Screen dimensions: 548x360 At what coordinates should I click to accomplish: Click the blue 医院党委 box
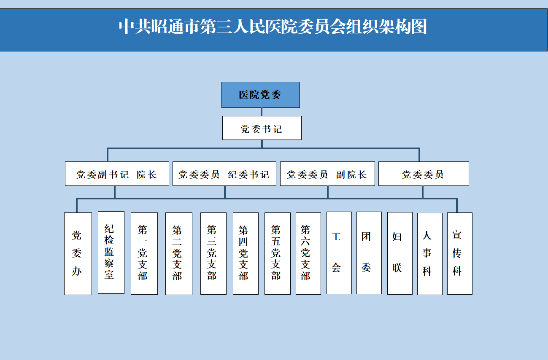(x=261, y=95)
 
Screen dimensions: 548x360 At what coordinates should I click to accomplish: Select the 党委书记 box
(x=262, y=128)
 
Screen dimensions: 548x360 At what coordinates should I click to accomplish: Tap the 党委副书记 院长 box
(x=117, y=174)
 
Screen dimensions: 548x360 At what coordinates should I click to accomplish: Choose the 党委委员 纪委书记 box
(x=224, y=174)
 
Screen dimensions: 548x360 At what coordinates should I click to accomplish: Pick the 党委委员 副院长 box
(x=327, y=174)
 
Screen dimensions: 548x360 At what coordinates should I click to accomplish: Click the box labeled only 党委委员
(x=424, y=174)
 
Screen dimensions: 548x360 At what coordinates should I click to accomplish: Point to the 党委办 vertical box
(x=78, y=254)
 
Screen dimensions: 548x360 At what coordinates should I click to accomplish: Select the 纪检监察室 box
(x=111, y=253)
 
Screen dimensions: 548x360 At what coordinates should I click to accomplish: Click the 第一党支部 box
(x=144, y=253)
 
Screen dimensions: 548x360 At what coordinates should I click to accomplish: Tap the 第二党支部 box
(x=179, y=254)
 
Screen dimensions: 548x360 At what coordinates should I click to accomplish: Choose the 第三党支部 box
(x=213, y=253)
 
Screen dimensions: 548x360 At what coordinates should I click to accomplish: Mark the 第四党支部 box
(x=246, y=253)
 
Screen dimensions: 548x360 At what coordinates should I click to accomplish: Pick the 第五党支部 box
(x=278, y=253)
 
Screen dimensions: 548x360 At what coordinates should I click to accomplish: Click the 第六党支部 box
(x=308, y=253)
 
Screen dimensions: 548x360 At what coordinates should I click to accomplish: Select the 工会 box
(x=339, y=253)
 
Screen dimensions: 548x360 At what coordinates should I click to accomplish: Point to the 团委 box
(x=369, y=253)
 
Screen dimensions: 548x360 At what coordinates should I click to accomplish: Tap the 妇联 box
(x=400, y=253)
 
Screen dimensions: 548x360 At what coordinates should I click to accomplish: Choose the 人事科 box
(x=430, y=254)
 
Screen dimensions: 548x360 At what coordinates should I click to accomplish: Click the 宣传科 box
(x=460, y=253)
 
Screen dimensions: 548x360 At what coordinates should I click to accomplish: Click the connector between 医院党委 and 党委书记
(x=262, y=112)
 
